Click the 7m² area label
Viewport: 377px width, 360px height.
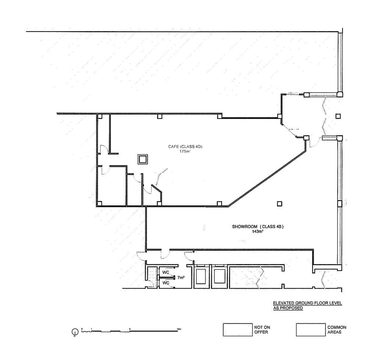click(x=181, y=277)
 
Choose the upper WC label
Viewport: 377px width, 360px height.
click(x=166, y=272)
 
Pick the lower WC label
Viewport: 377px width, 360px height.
click(x=166, y=283)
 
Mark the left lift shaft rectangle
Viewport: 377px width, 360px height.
click(x=201, y=276)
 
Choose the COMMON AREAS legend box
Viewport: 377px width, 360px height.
click(x=310, y=329)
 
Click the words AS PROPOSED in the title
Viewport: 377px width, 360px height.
click(x=288, y=308)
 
